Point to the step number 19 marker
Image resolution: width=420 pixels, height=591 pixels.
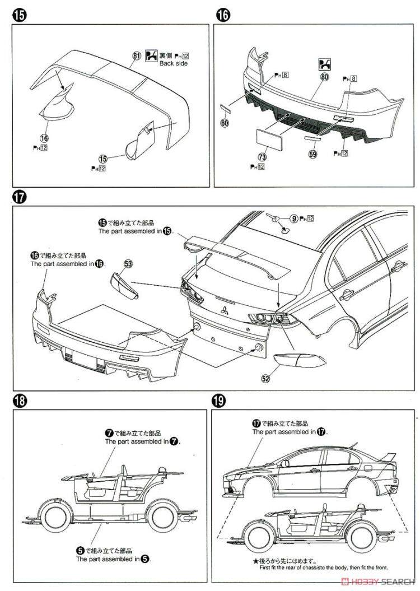point(218,401)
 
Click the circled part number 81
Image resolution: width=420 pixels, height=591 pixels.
point(136,55)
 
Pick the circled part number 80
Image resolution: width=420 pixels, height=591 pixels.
point(324,78)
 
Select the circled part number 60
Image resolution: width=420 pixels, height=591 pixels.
point(225,123)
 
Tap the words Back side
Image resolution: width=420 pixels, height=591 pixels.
point(174,63)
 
